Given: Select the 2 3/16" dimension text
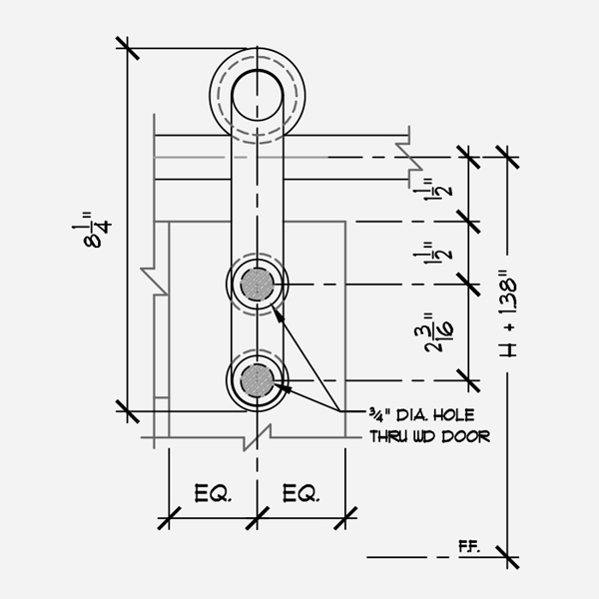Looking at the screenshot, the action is [x=438, y=332].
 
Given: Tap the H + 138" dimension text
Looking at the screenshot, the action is [x=508, y=314].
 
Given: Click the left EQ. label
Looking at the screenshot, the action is [x=213, y=493].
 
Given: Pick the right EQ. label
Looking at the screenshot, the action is [x=300, y=493].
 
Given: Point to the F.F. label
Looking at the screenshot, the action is [x=469, y=547].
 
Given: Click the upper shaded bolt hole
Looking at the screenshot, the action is [x=258, y=285].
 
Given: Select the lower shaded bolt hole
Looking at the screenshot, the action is [x=258, y=380].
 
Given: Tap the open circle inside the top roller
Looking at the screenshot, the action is [x=258, y=96].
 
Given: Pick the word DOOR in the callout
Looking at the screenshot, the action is [x=465, y=436].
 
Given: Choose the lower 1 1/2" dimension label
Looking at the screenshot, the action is [x=434, y=253].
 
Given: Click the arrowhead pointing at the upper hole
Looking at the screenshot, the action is [x=279, y=314].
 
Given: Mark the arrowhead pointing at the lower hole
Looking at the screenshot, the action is [x=283, y=388].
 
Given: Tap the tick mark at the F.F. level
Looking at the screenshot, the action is [x=507, y=557].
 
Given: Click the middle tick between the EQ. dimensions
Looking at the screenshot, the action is [x=258, y=518].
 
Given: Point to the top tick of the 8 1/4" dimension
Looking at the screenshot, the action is [x=127, y=48].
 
